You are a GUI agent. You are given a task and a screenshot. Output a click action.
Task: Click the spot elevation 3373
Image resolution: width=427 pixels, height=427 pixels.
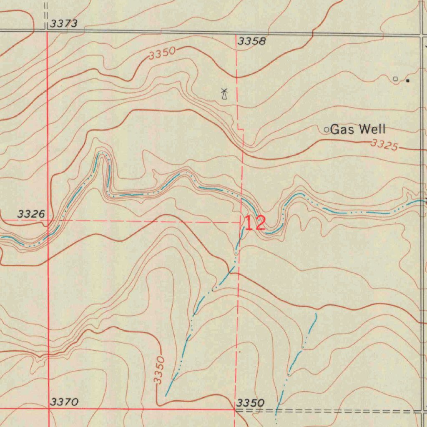point(64,24)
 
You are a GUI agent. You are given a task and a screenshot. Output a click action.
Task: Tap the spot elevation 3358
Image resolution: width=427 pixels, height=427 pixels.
point(251,41)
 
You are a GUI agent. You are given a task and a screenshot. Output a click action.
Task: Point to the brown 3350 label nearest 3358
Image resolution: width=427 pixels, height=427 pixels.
point(162,54)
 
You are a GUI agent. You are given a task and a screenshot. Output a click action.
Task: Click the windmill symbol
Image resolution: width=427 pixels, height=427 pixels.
point(224,94)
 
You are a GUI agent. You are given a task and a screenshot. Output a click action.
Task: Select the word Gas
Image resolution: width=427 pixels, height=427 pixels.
point(342,130)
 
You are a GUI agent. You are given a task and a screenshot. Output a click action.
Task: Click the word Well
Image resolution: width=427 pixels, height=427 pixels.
point(372,130)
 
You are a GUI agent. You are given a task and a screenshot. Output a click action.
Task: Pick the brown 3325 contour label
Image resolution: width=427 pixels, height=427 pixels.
point(384,146)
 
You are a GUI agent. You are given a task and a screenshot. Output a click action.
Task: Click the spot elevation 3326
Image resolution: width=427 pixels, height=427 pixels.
point(31,214)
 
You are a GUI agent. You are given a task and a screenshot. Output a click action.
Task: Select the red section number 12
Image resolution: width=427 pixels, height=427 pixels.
point(254,224)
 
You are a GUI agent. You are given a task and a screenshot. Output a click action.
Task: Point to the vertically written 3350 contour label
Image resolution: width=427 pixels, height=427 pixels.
point(159,369)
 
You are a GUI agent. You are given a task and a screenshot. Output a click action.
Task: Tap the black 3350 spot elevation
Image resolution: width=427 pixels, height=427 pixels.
point(250,403)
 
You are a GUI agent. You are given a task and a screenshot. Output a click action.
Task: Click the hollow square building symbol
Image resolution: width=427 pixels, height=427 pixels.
point(395,78)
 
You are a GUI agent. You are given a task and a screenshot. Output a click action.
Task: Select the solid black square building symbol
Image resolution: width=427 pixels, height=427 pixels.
point(408,80)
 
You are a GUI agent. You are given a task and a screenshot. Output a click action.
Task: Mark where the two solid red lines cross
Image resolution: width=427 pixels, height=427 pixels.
point(48,409)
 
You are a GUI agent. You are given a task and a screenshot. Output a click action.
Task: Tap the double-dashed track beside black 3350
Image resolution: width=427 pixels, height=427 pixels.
point(334,411)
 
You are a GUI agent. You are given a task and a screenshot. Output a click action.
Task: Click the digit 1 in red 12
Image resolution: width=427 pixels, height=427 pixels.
point(249,224)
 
